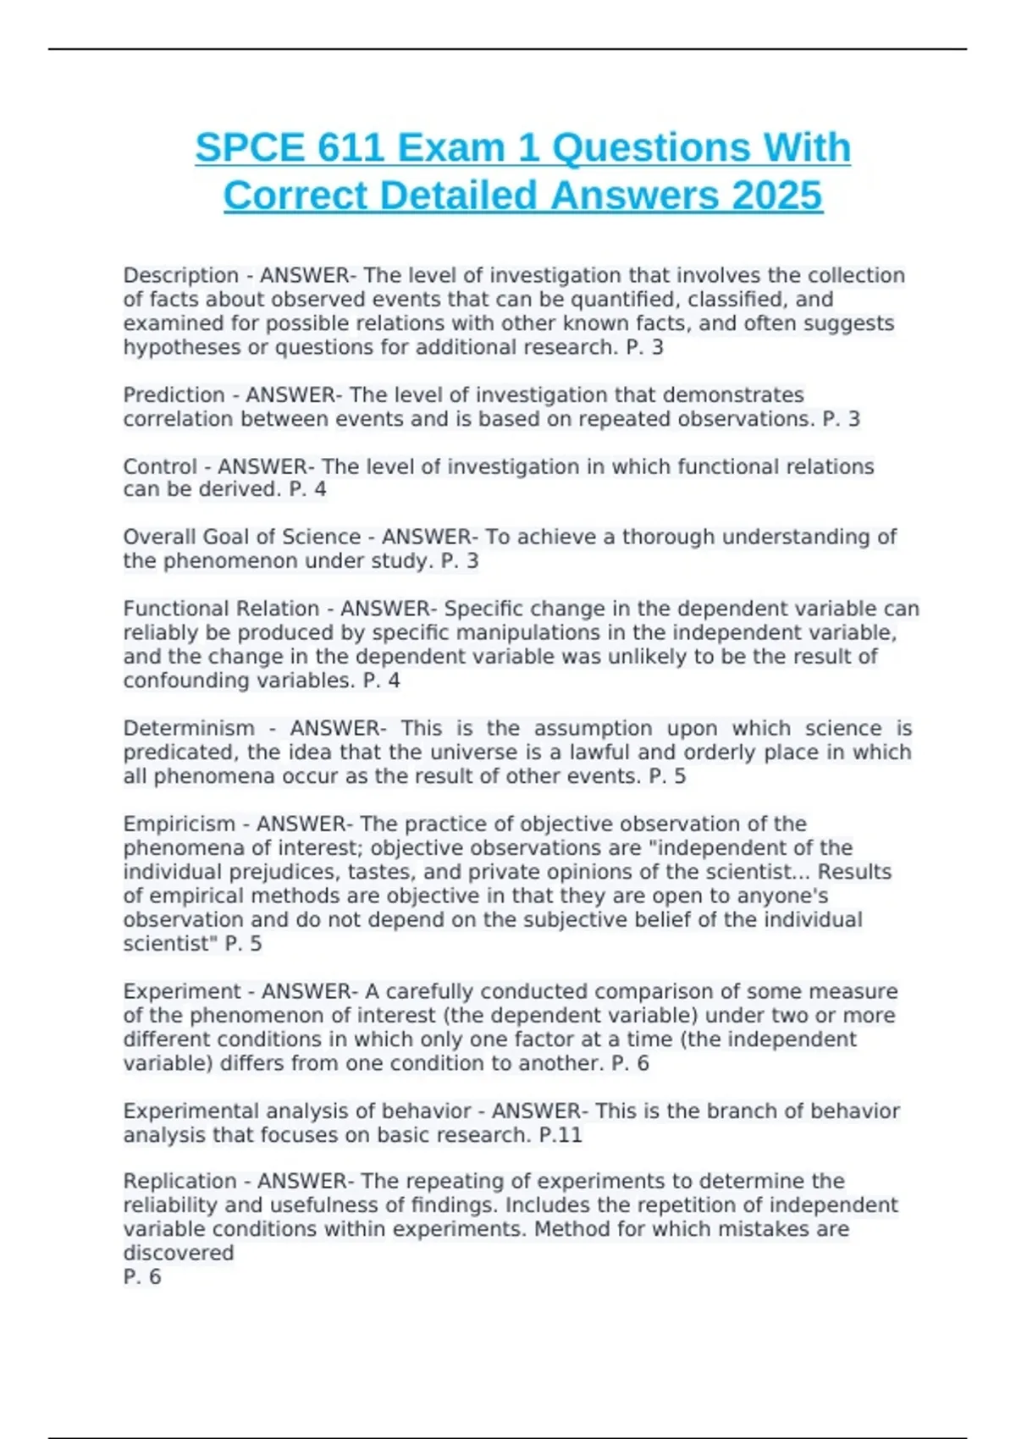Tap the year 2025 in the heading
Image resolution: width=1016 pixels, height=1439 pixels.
(776, 196)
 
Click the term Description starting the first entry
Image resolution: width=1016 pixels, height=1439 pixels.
(181, 276)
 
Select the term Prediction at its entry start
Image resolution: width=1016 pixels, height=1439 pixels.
(174, 395)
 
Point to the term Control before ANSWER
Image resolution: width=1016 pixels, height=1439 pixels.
(160, 466)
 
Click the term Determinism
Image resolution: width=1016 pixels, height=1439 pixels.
(189, 729)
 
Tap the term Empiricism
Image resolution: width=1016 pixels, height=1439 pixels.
(179, 824)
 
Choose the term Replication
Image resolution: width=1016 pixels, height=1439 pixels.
(179, 1182)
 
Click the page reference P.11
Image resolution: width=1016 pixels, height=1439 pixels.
(560, 1135)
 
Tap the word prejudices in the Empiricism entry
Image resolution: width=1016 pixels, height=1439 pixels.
(229, 873)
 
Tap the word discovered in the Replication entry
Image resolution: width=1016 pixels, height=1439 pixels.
(179, 1254)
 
